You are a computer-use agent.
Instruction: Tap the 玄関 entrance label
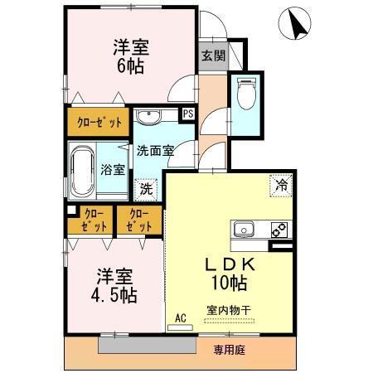click(212, 56)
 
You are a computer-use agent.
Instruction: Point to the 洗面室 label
click(155, 150)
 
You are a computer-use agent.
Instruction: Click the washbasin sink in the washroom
click(150, 115)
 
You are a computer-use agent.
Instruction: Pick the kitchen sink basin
click(245, 230)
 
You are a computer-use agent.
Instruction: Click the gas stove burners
click(279, 230)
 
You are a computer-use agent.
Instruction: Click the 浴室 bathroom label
click(114, 170)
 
